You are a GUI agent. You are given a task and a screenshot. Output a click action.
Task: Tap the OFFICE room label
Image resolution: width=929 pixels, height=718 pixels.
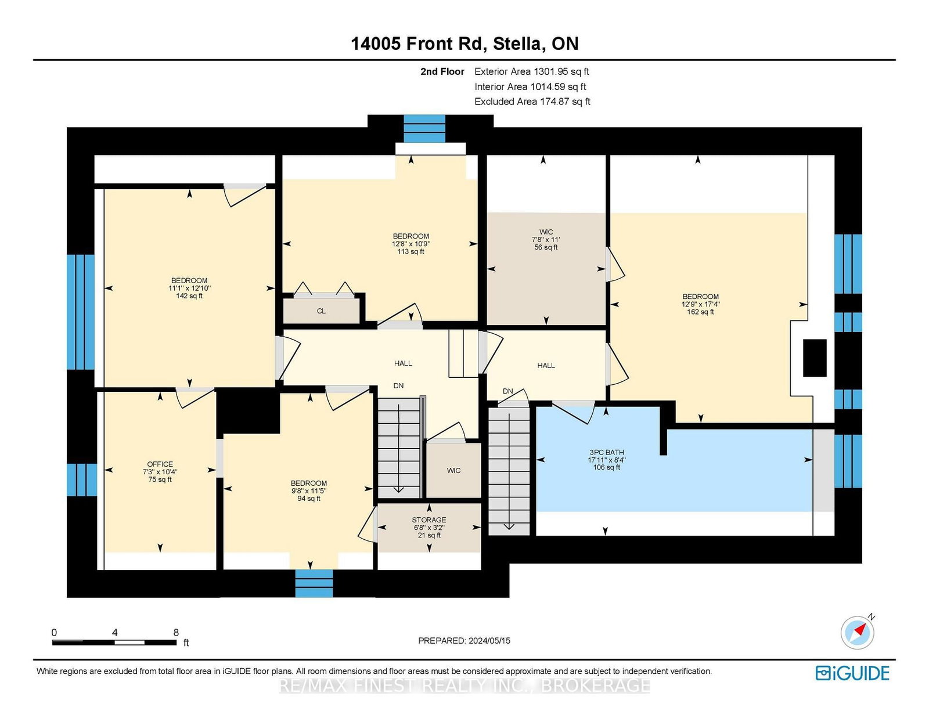160,464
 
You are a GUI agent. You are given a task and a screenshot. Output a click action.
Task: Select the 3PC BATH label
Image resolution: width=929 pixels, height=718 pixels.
607,452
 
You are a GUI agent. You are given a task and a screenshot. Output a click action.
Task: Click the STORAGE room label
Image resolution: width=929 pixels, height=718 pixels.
429,519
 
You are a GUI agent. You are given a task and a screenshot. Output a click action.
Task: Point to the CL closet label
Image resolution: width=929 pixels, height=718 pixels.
321,311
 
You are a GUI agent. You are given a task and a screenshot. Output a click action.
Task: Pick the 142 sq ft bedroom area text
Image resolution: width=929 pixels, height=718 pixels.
189,296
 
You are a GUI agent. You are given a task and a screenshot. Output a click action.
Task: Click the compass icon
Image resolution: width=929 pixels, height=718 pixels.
857,633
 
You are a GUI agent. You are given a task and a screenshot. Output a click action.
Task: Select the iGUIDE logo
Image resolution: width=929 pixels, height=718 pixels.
852,673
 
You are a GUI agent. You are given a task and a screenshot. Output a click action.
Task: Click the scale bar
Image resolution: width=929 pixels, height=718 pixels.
114,643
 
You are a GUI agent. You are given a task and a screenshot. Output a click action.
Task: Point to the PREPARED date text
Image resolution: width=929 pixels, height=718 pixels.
464,641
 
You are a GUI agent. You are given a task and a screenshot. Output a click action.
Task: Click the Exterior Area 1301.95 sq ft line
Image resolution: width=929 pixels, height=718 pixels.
531,71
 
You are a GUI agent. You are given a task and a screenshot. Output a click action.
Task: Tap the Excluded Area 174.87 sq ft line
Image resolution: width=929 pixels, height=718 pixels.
532,102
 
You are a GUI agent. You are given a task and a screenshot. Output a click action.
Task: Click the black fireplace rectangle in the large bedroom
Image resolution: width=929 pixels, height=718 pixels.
815,358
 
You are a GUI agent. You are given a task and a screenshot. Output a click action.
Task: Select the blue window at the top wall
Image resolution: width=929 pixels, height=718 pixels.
424,129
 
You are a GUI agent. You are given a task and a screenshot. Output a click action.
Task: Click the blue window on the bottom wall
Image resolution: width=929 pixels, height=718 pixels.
314,583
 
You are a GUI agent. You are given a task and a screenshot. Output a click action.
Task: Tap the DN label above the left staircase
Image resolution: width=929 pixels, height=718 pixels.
398,385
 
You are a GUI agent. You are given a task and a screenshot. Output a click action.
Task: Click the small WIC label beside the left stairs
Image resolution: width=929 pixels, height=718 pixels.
453,471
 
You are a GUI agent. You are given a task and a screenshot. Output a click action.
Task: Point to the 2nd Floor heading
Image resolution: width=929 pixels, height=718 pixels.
442,71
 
